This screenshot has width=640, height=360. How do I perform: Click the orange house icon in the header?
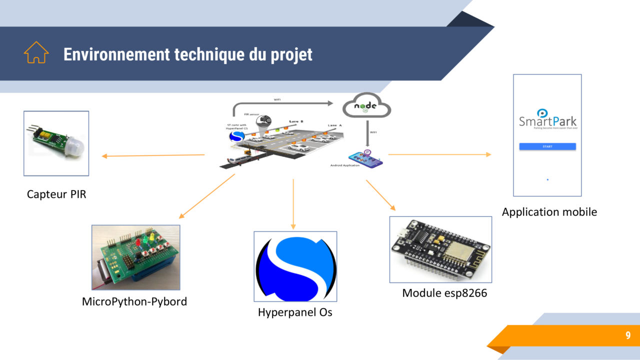pyautogui.click(x=36, y=52)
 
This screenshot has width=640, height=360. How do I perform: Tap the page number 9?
pyautogui.click(x=628, y=335)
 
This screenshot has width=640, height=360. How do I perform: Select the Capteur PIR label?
pyautogui.click(x=56, y=194)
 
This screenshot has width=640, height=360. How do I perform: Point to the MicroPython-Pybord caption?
pyautogui.click(x=134, y=301)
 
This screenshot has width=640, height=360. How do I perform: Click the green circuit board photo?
pyautogui.click(x=135, y=257)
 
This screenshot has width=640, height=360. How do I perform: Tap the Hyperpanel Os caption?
pyautogui.click(x=295, y=312)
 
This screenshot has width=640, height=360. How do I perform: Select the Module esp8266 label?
pyautogui.click(x=444, y=293)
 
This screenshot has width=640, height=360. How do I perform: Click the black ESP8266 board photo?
pyautogui.click(x=440, y=249)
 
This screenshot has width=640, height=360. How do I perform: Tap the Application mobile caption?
pyautogui.click(x=549, y=211)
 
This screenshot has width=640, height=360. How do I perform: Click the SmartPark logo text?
pyautogui.click(x=547, y=121)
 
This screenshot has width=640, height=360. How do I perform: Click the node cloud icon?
pyautogui.click(x=366, y=106)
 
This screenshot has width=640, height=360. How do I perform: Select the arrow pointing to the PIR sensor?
pyautogui.click(x=153, y=155)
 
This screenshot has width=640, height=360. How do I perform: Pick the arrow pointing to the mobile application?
pyautogui.click(x=439, y=154)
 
